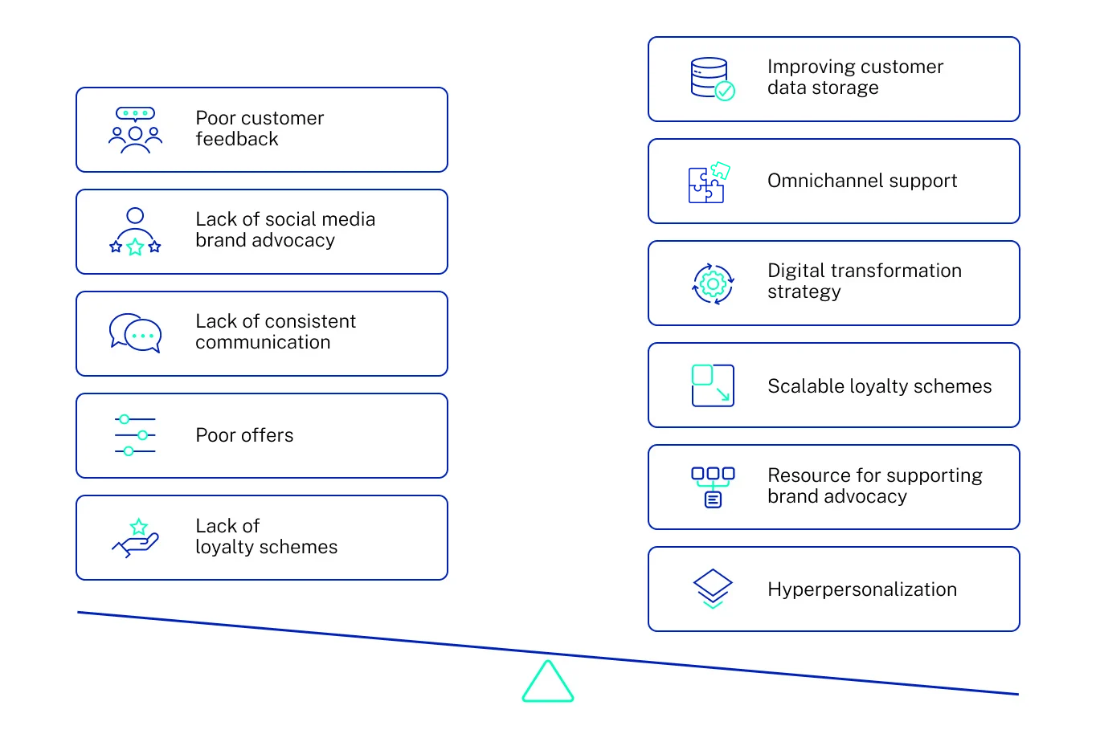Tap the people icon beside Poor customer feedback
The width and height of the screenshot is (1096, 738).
135,130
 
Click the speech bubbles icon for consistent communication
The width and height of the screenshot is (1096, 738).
135,333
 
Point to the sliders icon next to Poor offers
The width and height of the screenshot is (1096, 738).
135,435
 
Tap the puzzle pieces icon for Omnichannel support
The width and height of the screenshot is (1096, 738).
710,182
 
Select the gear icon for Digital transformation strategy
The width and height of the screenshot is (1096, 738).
713,283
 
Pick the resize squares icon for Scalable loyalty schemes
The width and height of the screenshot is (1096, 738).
713,385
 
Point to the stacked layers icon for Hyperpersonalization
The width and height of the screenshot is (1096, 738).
713,589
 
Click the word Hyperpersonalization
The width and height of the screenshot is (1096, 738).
862,589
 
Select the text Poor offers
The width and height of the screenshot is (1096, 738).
244,435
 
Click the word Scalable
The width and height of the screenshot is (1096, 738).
800,386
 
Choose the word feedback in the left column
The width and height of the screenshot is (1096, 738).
237,140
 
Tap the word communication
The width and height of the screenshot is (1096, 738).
263,343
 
